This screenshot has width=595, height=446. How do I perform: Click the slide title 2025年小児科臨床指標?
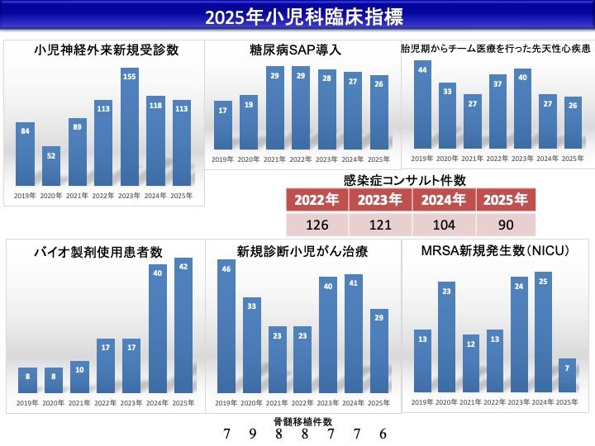[x=297, y=17]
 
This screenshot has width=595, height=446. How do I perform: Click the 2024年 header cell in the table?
[x=443, y=201]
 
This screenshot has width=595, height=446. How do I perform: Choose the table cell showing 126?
[x=317, y=225]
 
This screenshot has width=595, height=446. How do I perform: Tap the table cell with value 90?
[x=507, y=225]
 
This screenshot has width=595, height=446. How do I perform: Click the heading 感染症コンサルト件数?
[x=404, y=179]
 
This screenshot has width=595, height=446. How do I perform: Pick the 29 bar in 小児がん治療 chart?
[x=378, y=351]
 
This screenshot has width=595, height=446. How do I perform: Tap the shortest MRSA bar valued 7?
[x=567, y=377]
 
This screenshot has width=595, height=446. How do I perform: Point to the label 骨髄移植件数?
[x=302, y=421]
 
